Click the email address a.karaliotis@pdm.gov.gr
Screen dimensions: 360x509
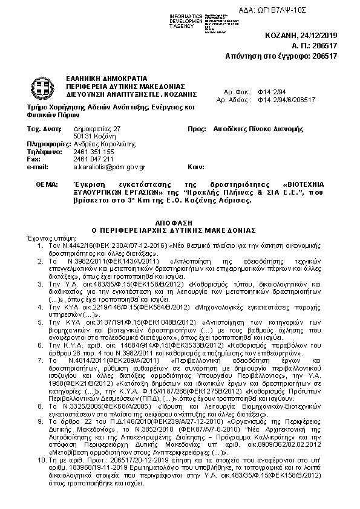click(x=109, y=166)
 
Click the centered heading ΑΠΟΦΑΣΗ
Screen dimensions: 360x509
click(x=180, y=222)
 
